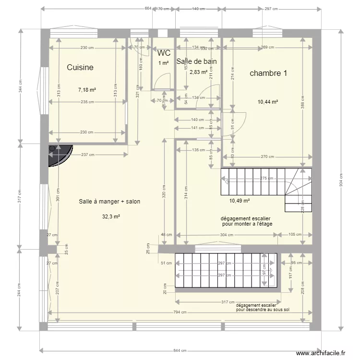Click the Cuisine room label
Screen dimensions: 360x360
click(80, 68)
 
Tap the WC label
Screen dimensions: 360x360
click(164, 53)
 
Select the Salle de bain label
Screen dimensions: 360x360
click(197, 61)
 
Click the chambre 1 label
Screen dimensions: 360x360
click(268, 73)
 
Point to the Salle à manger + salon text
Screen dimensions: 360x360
click(109, 202)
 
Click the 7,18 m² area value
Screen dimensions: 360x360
click(87, 90)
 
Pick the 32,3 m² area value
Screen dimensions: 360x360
click(111, 216)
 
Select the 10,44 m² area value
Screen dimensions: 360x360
click(268, 102)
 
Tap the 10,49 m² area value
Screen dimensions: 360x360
click(240, 201)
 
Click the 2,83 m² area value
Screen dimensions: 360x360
click(198, 72)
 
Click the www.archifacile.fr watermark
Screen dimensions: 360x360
click(321, 353)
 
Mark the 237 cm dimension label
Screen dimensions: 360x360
click(87, 155)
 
